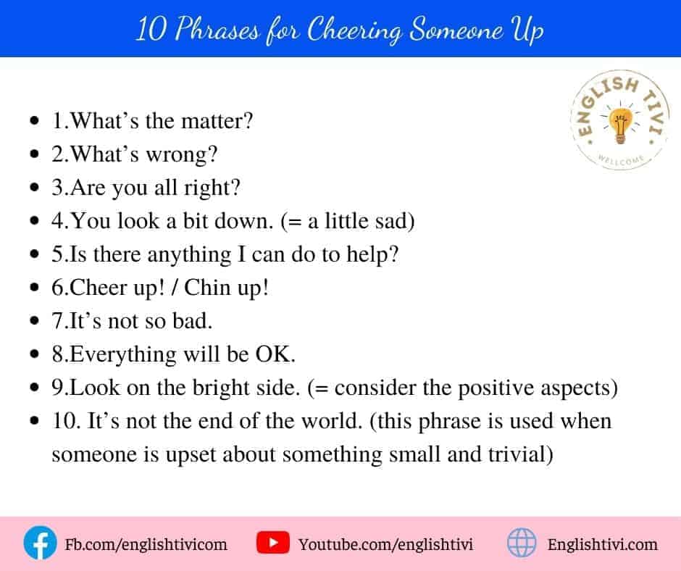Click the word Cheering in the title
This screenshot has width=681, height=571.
click(x=354, y=30)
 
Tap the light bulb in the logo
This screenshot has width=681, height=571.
click(x=619, y=125)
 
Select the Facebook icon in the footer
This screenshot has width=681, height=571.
click(x=40, y=543)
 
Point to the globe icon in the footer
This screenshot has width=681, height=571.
click(x=522, y=543)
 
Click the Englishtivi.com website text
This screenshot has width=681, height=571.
click(x=602, y=544)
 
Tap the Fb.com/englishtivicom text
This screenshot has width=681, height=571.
click(x=146, y=544)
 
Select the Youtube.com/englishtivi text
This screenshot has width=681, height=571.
click(x=385, y=544)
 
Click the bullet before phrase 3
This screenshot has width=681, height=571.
click(x=34, y=187)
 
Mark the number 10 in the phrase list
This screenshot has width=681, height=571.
click(x=62, y=421)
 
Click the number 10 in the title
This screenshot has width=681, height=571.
click(x=151, y=30)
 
